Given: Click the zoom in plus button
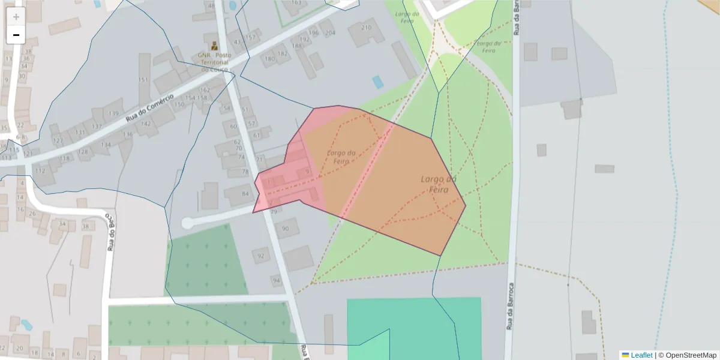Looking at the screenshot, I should pos(16,17).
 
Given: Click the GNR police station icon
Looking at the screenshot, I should pos(213,46).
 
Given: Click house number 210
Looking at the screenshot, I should pos(366,28).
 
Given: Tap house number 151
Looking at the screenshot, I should pos(143,80).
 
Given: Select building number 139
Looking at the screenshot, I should pos(113,113).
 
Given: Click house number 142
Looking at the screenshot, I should pos(145,124).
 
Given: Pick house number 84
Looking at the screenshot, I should pos(245,194).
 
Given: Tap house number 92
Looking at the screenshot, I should pos(260,256).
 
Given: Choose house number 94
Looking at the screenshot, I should pos(276,280).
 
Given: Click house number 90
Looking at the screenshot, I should pos(286,229).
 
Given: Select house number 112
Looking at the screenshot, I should pos(40,171).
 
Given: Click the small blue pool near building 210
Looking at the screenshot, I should pos(377,82).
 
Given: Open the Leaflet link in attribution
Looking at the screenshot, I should pos(641,355).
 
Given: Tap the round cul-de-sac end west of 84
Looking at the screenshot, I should pos(187,223).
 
